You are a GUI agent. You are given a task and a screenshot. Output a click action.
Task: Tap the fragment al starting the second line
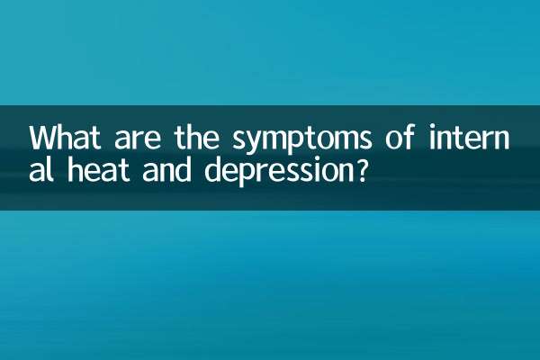(x=40, y=171)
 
